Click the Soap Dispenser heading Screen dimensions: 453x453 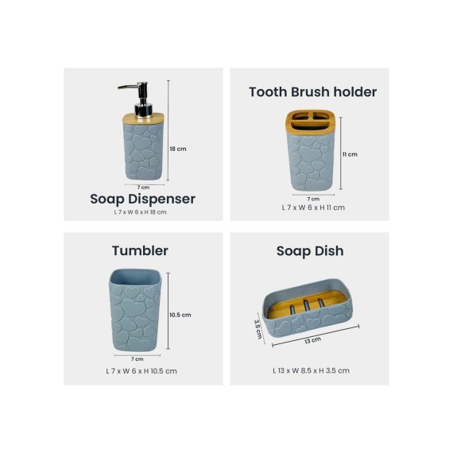click(143, 199)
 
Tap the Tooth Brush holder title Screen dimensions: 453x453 click(313, 92)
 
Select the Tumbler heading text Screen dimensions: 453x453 click(140, 251)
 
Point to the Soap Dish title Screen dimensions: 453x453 click(310, 251)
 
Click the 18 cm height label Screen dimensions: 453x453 click(178, 149)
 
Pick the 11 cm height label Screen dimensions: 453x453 click(350, 154)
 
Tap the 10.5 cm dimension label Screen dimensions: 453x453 click(180, 315)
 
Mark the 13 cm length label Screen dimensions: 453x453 click(312, 340)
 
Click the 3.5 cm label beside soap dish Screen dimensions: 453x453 click(258, 329)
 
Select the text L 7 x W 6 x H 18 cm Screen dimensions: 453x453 click(140, 212)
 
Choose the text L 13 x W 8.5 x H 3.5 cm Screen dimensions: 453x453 click(312, 370)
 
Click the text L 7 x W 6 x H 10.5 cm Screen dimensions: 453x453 click(141, 371)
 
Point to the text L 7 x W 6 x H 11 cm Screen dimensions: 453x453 click(313, 207)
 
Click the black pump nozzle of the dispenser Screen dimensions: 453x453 click(129, 86)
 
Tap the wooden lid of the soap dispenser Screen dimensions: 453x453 click(143, 118)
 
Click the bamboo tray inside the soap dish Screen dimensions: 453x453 click(308, 305)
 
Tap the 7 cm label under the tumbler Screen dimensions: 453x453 click(137, 359)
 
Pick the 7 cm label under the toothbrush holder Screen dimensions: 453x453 click(313, 199)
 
